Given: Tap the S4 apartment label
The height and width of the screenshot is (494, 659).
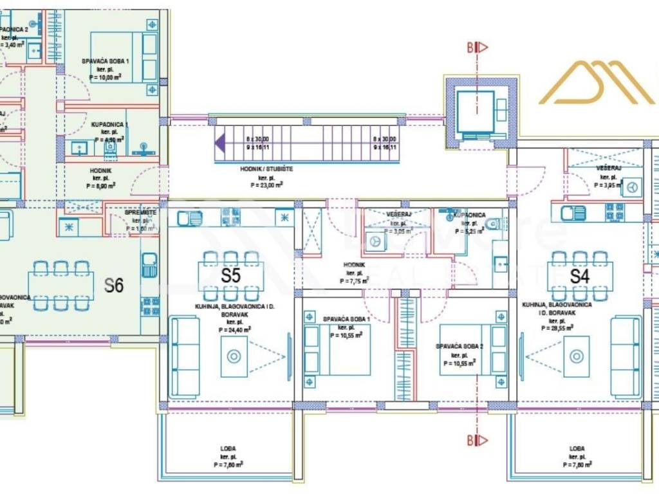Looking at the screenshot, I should (580, 277).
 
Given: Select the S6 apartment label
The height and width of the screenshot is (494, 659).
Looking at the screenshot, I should (114, 285).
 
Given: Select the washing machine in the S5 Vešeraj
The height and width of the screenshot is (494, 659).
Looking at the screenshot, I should (374, 242).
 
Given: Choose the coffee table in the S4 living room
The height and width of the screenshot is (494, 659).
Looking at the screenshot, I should (576, 356).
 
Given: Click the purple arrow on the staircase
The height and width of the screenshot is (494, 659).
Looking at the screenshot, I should (220, 142).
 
